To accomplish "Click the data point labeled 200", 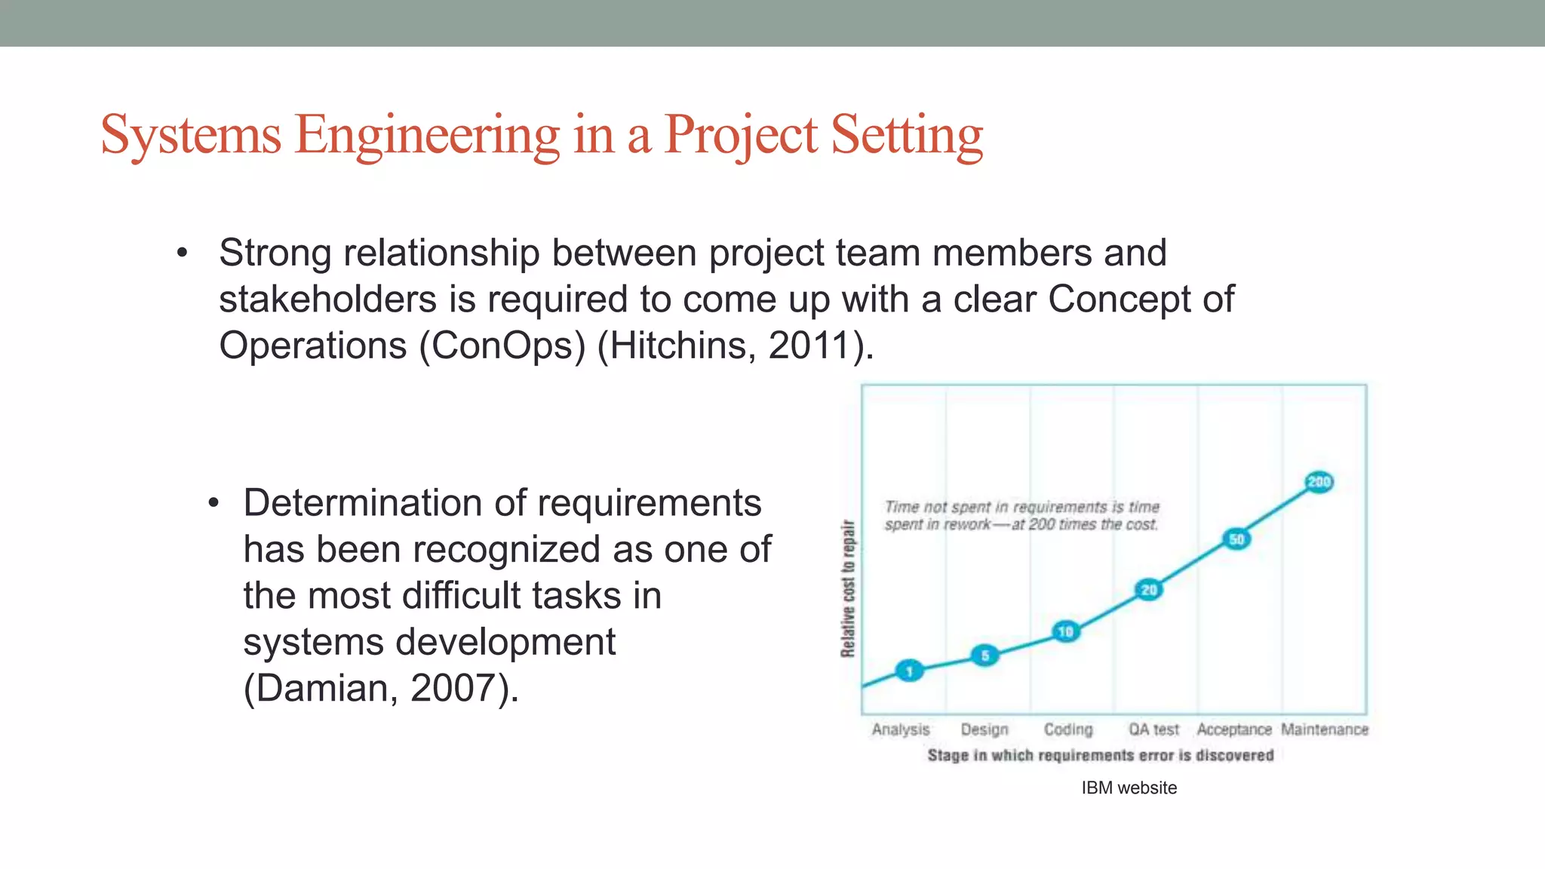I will pyautogui.click(x=1319, y=482).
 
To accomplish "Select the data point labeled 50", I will pyautogui.click(x=1236, y=539).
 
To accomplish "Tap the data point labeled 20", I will pyautogui.click(x=1148, y=590).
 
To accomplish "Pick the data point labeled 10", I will pyautogui.click(x=1065, y=631).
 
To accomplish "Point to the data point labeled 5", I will pyautogui.click(x=984, y=656).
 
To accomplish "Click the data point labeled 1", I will pyautogui.click(x=909, y=671).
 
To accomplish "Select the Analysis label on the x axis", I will pyautogui.click(x=901, y=729).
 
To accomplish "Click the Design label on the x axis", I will pyautogui.click(x=984, y=729).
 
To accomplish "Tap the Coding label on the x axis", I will pyautogui.click(x=1068, y=729).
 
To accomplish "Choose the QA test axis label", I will pyautogui.click(x=1153, y=729).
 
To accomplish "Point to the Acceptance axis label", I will pyautogui.click(x=1234, y=729).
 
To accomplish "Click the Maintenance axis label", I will pyautogui.click(x=1325, y=729).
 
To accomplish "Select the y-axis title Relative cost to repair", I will pyautogui.click(x=849, y=588).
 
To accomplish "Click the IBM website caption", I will pyautogui.click(x=1129, y=788).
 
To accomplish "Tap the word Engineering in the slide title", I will pyautogui.click(x=427, y=136).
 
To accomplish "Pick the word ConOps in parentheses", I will pyautogui.click(x=502, y=345).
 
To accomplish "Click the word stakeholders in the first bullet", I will pyautogui.click(x=327, y=299).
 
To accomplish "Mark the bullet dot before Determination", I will pyautogui.click(x=213, y=504).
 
